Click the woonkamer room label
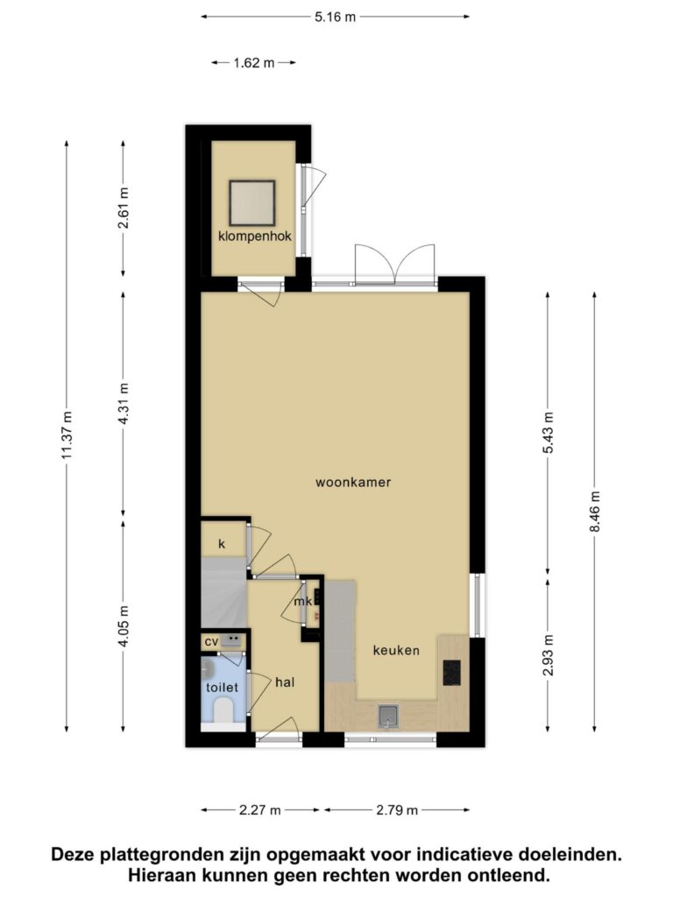pos(353,483)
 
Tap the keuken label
pos(396,651)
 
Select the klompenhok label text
pos(255,237)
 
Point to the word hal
pos(285,682)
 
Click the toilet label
pos(222,687)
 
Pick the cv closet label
pos(211,642)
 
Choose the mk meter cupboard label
pos(302,601)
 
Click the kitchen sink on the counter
pos(388,717)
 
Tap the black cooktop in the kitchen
pos(451,673)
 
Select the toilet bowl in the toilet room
pos(222,713)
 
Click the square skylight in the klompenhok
pos(252,203)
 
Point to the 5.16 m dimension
pos(336,18)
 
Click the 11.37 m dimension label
pos(67,435)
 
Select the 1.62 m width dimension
pos(254,63)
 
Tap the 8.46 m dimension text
pos(595,512)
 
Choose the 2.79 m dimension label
pos(397,810)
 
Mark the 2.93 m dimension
pos(549,655)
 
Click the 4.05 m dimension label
pos(124,625)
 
